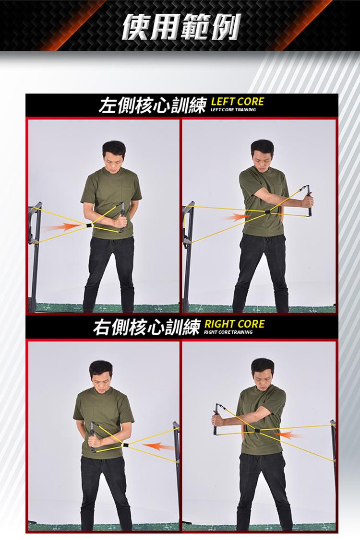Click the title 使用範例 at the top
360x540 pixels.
coord(181,27)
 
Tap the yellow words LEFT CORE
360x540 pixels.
coord(237,102)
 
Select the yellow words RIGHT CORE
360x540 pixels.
coord(235,324)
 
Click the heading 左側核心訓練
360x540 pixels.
coord(152,106)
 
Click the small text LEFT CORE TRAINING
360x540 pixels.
coord(233,110)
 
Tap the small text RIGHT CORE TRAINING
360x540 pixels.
coord(228,332)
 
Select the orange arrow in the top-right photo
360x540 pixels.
coord(237,217)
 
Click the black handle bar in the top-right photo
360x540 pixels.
coord(311,200)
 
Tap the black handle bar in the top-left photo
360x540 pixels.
coord(122,217)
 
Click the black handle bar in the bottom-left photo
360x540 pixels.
coord(93,436)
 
